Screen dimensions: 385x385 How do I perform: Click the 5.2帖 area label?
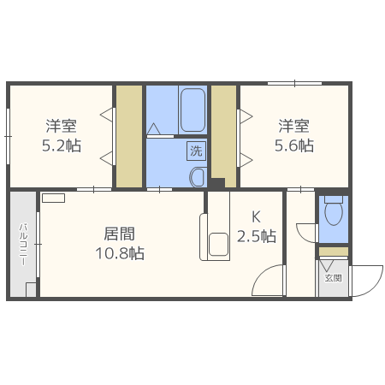pos(62,145)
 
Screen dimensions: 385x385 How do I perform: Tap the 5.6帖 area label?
pos(294,145)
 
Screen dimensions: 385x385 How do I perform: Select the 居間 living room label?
pos(120,234)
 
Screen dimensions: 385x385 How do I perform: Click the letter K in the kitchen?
pos(256,216)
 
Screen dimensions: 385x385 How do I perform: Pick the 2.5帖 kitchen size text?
pos(256,236)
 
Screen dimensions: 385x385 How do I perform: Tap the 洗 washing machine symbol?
pos(196,151)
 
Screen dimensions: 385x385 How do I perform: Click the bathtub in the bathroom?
pos(192,110)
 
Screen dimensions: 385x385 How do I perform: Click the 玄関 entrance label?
pos(333,278)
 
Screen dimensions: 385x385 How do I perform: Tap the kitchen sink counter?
pos(214,235)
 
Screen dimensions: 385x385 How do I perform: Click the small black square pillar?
pos(217,182)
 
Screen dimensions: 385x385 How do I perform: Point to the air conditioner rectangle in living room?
pos(53,198)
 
